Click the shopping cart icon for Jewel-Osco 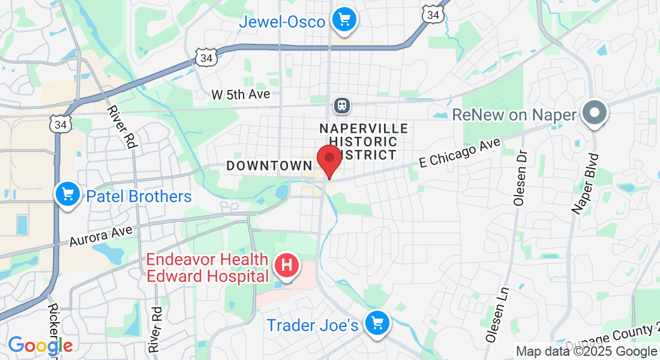[344, 20]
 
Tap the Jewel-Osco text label [282, 22]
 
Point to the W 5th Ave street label [241, 95]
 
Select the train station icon [342, 106]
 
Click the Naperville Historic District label [364, 142]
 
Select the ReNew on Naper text [514, 115]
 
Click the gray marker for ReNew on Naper [595, 112]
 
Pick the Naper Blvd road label [586, 184]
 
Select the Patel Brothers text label [139, 196]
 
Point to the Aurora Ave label [101, 233]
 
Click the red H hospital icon [287, 265]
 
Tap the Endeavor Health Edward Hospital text [208, 268]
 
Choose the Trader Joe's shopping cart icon [377, 324]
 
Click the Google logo [40, 346]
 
